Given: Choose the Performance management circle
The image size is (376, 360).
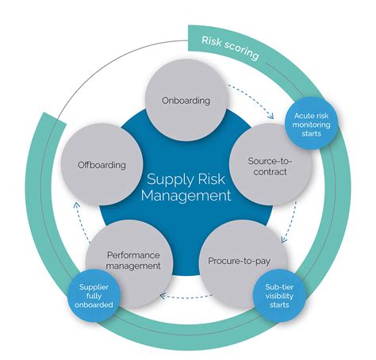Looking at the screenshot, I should [x=132, y=261].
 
